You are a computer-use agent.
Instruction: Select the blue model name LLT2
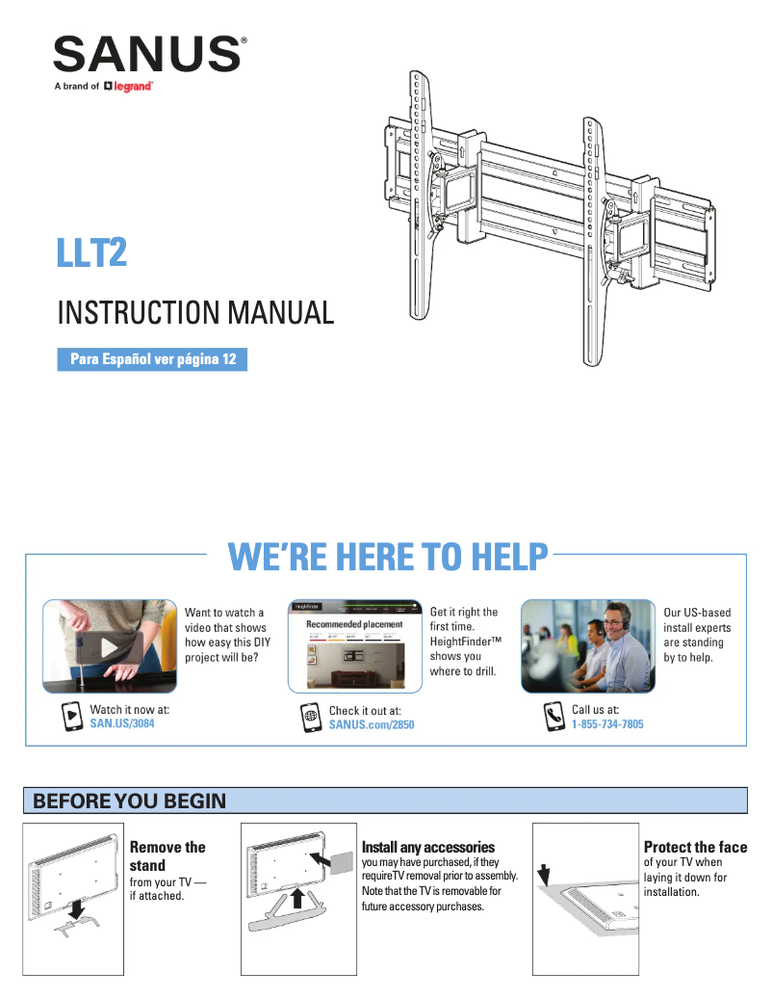[91, 254]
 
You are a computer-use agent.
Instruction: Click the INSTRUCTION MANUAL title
[195, 313]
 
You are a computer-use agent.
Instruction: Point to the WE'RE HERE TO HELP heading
[388, 556]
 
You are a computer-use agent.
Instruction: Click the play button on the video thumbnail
[109, 646]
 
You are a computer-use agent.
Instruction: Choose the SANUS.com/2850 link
[372, 724]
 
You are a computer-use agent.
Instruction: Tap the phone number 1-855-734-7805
[607, 723]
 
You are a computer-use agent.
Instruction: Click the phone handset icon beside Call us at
[553, 716]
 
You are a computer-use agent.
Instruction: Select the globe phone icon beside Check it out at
[310, 717]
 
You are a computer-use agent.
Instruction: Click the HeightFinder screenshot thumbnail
[356, 645]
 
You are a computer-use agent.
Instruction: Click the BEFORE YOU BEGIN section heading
[130, 802]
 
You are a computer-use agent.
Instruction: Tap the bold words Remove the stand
[167, 855]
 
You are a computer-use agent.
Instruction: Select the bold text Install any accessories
[428, 847]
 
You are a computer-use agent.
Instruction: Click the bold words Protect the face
[695, 847]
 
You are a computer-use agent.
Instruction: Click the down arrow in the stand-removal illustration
[77, 908]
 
